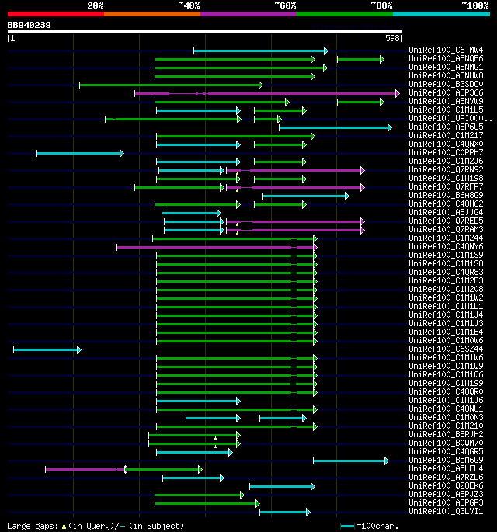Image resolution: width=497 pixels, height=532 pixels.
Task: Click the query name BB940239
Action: [x=30, y=25]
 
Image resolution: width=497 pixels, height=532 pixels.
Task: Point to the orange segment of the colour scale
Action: [x=151, y=14]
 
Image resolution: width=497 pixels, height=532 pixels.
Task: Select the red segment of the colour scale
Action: [x=55, y=14]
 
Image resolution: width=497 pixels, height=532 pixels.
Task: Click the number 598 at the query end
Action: [x=392, y=38]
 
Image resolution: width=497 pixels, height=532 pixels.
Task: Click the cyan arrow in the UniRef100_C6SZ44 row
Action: [x=47, y=349]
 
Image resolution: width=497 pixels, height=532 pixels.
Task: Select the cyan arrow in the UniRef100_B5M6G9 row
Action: [x=350, y=461]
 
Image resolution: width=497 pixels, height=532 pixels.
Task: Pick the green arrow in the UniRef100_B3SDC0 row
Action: [x=171, y=85]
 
